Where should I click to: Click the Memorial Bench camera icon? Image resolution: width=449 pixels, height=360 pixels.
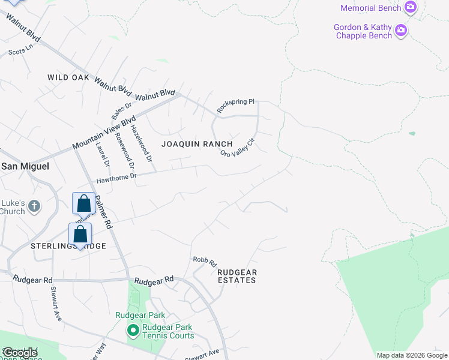(411, 8)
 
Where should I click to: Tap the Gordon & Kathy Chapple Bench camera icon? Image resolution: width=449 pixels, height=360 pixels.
(401, 29)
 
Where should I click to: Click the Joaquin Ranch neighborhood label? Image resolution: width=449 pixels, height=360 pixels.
(197, 144)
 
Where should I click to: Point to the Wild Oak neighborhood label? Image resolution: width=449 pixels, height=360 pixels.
(68, 77)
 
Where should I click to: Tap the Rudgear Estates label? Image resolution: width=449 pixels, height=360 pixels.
(237, 276)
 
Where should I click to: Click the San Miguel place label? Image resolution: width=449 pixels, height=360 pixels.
(25, 166)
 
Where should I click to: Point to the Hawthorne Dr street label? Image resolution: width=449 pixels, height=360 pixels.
(117, 178)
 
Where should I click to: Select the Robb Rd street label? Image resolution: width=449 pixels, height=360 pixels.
(204, 261)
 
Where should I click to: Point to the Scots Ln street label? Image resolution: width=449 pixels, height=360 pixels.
(19, 52)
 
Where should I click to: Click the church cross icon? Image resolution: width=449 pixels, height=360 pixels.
(34, 206)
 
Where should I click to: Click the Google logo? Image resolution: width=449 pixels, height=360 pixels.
(20, 353)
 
